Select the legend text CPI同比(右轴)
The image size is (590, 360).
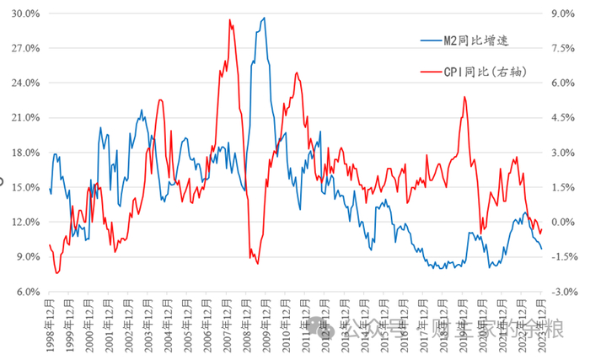pos(485,73)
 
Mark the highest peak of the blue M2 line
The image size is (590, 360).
pos(264,18)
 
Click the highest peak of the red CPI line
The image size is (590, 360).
pos(229,19)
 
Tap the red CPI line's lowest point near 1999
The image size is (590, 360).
pos(56,273)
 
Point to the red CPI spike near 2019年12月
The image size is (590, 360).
pos(464,97)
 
